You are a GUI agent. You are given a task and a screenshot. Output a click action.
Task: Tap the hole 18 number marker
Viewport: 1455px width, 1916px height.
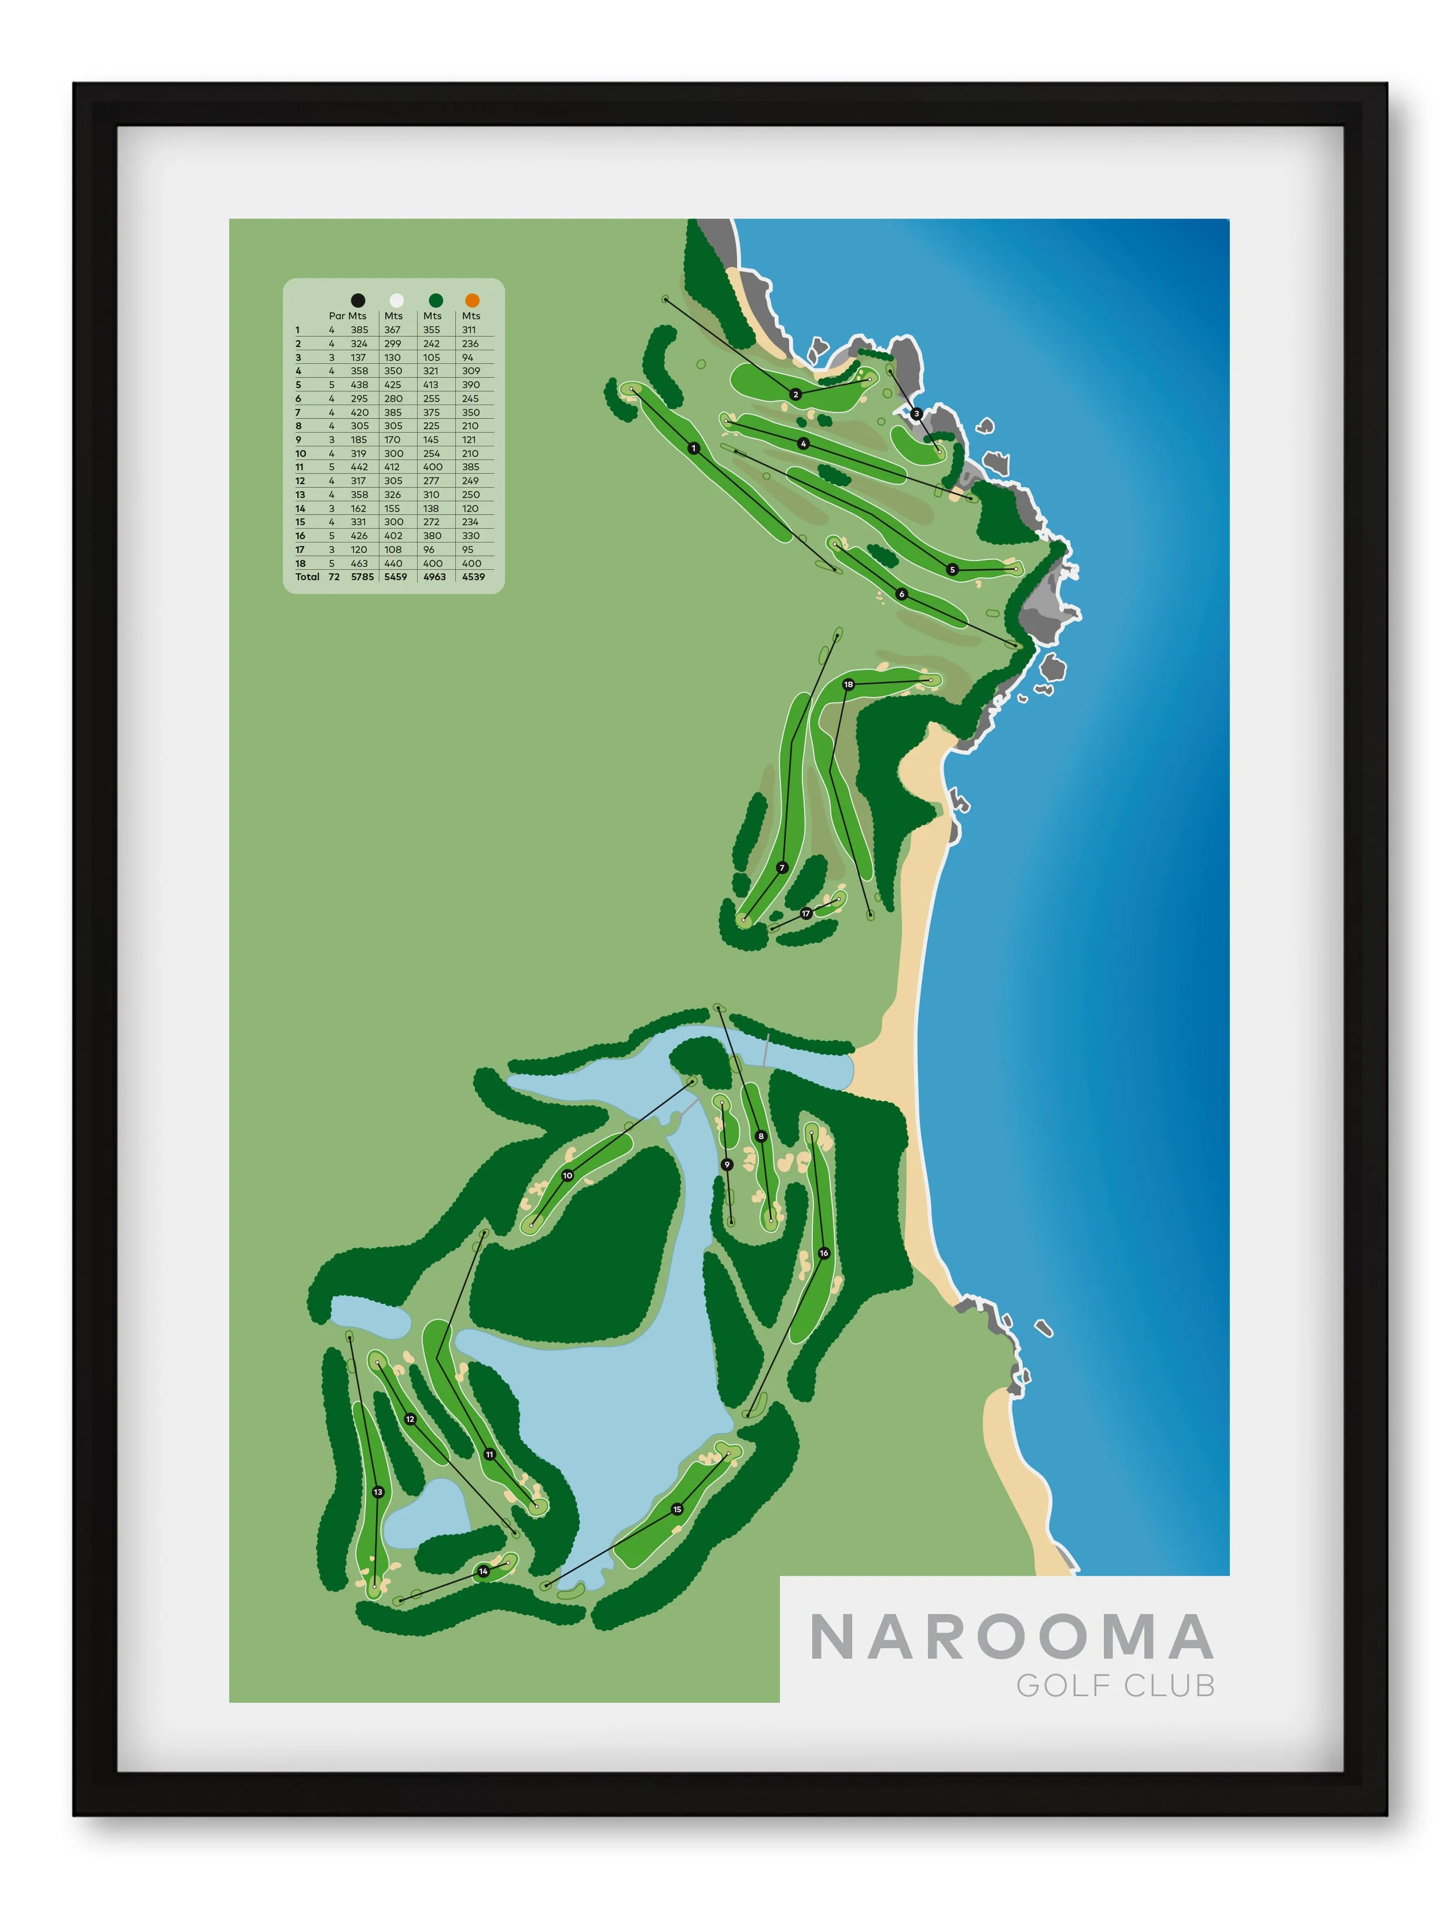tap(848, 684)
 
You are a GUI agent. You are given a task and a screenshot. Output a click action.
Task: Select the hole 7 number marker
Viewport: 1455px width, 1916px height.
tap(782, 867)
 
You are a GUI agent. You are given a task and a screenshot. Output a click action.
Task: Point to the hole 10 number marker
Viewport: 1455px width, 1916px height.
tap(567, 1176)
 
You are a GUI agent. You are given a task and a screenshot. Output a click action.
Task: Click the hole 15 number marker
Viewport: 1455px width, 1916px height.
tap(677, 1509)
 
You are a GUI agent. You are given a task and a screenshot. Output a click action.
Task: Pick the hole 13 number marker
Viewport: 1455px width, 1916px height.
tap(378, 1492)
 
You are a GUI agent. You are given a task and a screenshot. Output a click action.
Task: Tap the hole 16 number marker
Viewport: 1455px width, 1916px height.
tap(824, 1253)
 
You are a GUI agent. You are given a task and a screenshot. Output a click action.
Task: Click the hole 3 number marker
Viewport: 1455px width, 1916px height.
tap(916, 413)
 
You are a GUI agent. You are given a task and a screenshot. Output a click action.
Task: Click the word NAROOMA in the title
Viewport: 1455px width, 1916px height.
tap(1011, 1637)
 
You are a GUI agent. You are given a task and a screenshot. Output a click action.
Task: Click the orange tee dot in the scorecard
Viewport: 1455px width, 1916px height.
tap(472, 300)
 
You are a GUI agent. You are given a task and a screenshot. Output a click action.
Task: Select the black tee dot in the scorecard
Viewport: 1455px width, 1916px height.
tap(358, 300)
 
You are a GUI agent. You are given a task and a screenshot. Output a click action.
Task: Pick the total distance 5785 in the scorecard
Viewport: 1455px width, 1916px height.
tap(362, 577)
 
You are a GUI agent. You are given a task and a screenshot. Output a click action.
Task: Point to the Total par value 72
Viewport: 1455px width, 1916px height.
tap(333, 577)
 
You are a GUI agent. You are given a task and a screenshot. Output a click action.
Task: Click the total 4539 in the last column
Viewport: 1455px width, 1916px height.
tap(473, 577)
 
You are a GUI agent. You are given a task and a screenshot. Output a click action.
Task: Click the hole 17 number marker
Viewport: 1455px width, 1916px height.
tap(805, 913)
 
